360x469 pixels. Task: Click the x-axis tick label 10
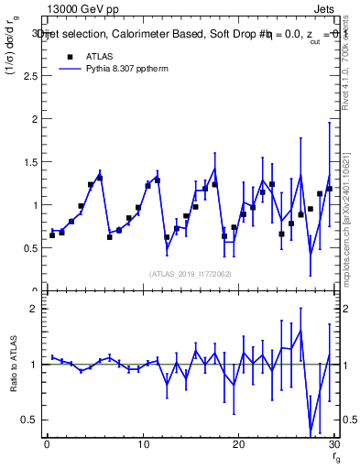point(142,445)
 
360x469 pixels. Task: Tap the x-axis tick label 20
point(238,445)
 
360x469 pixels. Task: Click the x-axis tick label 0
point(47,445)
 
